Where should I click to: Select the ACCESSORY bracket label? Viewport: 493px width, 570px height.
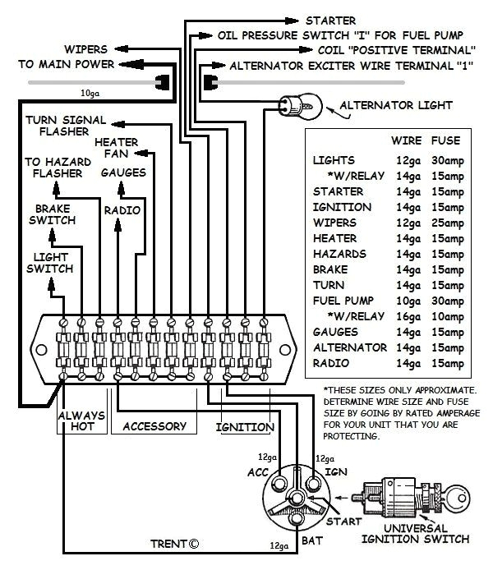pos(154,427)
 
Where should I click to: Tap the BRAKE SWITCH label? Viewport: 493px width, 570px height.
pos(54,214)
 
